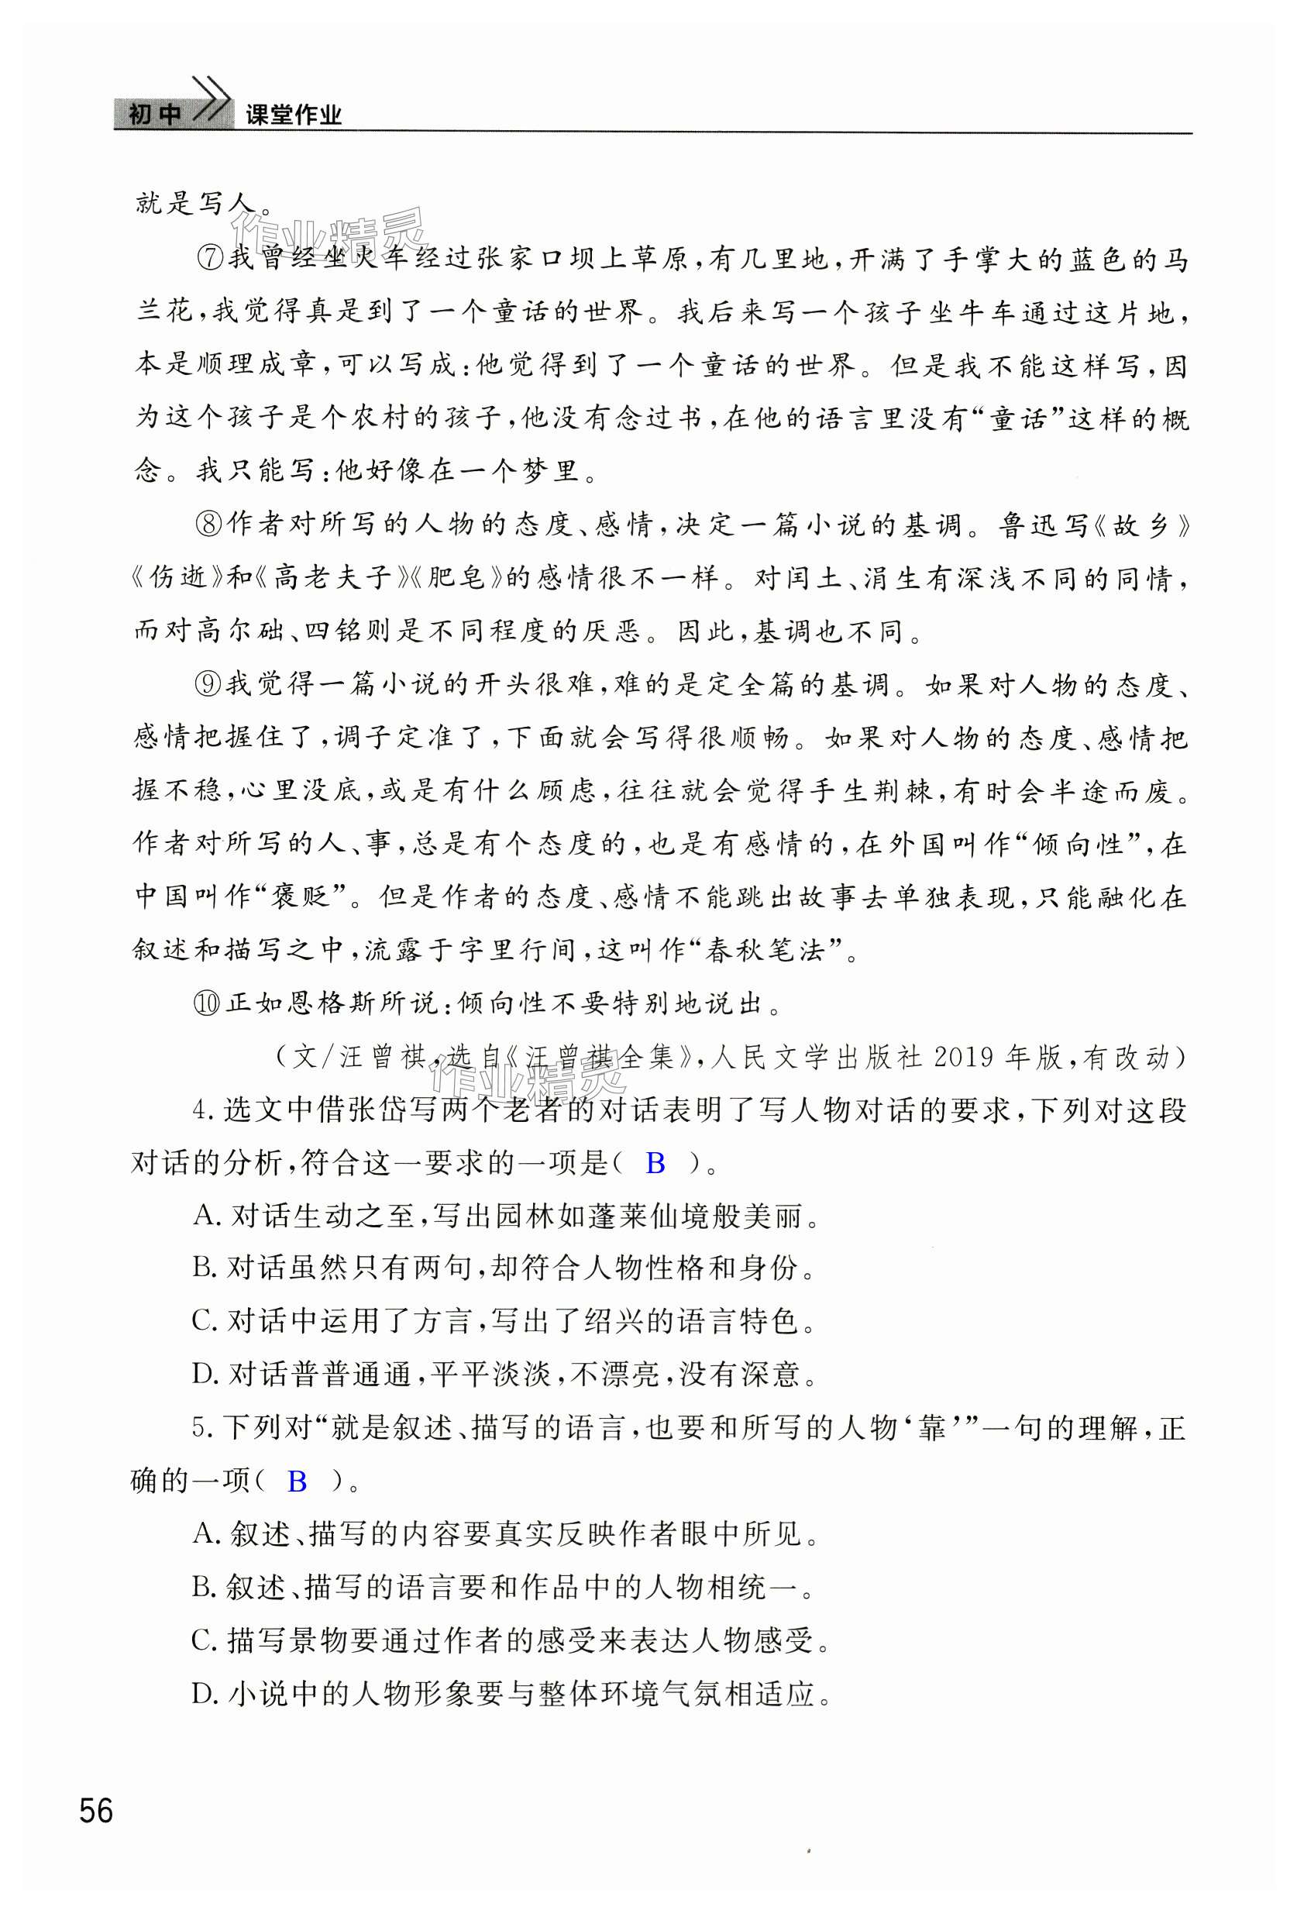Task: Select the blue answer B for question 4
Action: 655,1163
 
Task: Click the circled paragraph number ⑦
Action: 212,258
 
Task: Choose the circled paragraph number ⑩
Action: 207,1003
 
